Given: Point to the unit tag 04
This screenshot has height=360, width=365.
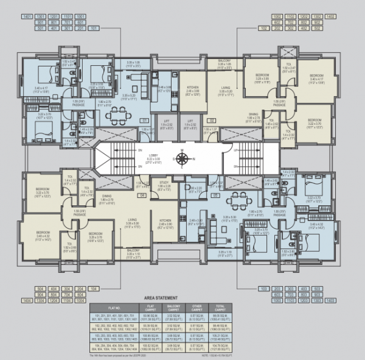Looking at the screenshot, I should pyautogui.click(x=141, y=196).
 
